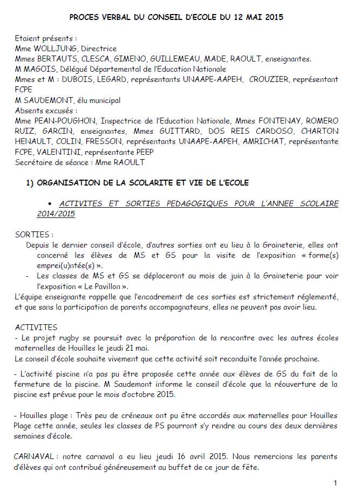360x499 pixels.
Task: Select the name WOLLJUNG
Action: point(57,49)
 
